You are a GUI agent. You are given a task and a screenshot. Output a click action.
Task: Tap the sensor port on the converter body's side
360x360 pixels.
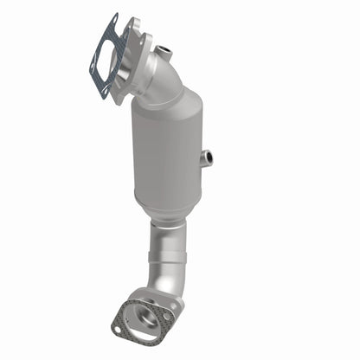pos(206,157)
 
